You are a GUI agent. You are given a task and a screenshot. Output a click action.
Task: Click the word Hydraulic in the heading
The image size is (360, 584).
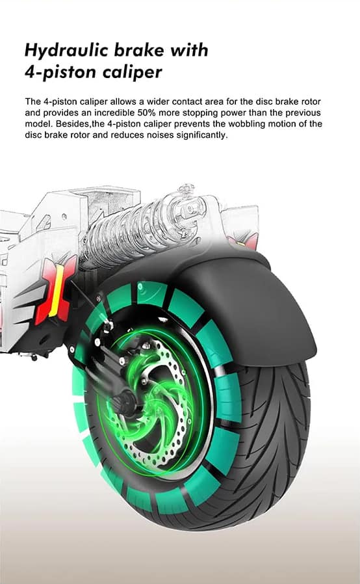point(66,51)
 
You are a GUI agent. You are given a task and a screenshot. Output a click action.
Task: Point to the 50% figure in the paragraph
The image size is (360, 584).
point(147,113)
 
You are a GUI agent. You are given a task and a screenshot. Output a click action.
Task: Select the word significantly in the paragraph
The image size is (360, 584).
point(202,135)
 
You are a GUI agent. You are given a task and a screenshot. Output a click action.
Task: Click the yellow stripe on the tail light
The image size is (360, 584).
point(57,289)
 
